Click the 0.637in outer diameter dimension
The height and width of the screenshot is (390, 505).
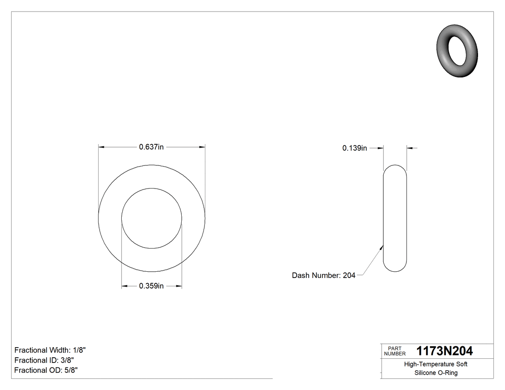click(x=151, y=147)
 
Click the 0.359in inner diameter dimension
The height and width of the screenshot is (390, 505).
click(x=151, y=286)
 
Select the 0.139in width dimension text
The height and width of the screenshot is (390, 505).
click(x=354, y=148)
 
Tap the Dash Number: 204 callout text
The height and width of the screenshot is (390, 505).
click(x=323, y=276)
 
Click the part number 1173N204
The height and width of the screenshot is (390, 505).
click(x=444, y=351)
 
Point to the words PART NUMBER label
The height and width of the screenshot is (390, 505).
click(x=395, y=351)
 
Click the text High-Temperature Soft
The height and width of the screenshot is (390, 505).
click(x=435, y=364)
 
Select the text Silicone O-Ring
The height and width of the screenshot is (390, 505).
click(x=435, y=373)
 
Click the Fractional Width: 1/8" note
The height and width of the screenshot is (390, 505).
click(x=50, y=350)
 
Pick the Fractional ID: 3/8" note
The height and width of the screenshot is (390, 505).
click(x=44, y=360)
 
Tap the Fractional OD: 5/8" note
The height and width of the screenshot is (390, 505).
click(x=46, y=370)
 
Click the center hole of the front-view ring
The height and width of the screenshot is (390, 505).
click(x=151, y=218)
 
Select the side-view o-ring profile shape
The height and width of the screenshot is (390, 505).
click(x=395, y=218)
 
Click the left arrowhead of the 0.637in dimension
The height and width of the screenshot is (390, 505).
click(x=101, y=147)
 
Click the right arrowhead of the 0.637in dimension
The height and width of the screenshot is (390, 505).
click(x=202, y=147)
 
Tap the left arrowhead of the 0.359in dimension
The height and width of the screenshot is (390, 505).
click(x=124, y=286)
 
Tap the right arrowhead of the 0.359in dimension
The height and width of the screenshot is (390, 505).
click(x=179, y=286)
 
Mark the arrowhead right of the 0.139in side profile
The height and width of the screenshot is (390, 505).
click(x=409, y=148)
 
